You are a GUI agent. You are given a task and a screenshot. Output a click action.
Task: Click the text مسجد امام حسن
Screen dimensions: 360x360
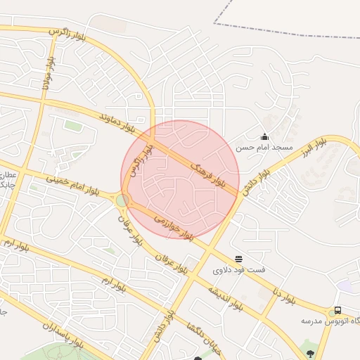[264, 148]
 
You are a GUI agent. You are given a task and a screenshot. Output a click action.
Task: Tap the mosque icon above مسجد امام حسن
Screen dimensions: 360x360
[264, 137]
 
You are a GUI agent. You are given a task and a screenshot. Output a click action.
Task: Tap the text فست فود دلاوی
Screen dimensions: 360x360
[239, 269]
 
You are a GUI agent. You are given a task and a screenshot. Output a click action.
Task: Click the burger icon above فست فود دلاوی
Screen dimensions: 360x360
[239, 259]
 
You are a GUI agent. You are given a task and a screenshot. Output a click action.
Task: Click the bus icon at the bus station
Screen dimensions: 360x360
[337, 311]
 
